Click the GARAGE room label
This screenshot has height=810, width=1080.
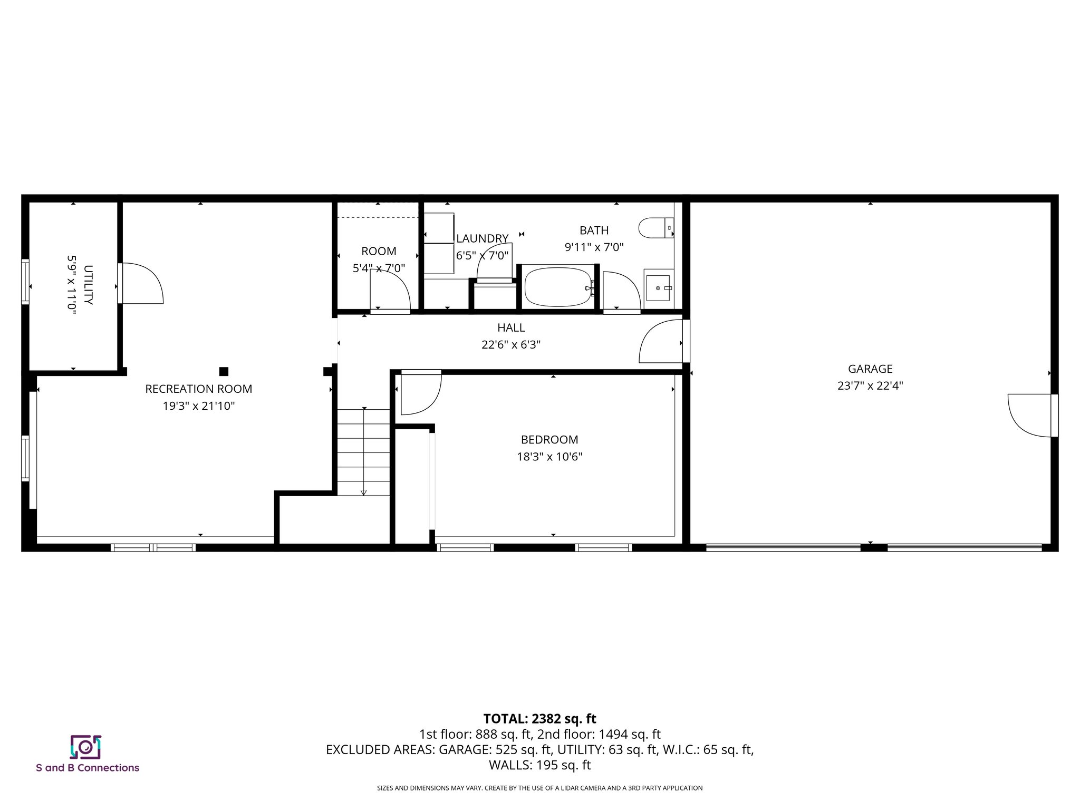click(870, 369)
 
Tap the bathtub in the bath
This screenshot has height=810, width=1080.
click(558, 287)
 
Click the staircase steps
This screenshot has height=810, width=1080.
click(363, 452)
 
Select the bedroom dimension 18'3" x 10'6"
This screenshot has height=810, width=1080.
click(549, 457)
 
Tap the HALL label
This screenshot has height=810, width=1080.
click(511, 328)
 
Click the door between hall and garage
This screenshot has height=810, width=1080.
click(662, 342)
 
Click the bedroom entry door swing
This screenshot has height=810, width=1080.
click(420, 393)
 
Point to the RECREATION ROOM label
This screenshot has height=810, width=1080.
click(199, 389)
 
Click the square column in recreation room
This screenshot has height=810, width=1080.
click(224, 371)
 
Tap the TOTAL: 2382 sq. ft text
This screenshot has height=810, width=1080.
click(539, 719)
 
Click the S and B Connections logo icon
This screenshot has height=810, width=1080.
click(85, 747)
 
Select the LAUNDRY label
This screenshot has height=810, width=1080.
click(482, 238)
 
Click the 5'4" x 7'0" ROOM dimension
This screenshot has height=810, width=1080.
click(379, 268)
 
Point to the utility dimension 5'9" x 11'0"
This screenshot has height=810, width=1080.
click(72, 285)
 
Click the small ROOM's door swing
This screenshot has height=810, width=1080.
click(390, 290)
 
